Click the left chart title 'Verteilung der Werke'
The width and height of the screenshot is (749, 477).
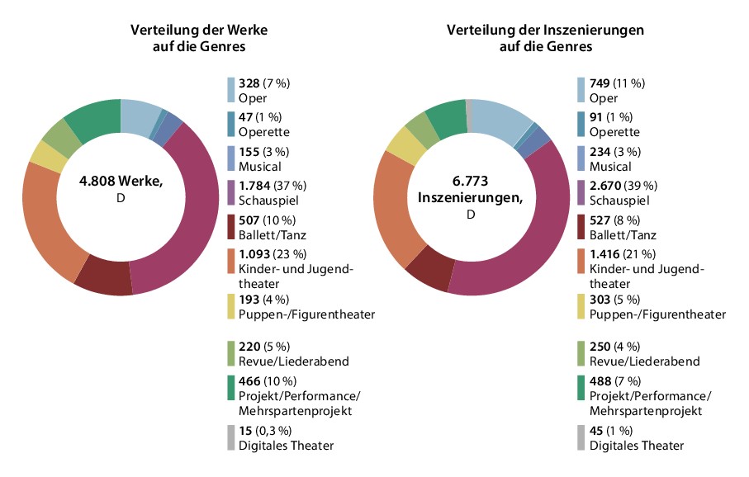[x=199, y=30]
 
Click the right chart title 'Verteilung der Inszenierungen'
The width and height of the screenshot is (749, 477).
[x=545, y=30]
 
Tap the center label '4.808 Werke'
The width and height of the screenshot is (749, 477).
[x=121, y=182]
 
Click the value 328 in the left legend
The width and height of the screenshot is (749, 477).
[x=249, y=83]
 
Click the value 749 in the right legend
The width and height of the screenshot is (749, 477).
[x=599, y=83]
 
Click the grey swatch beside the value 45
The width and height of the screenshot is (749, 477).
[x=581, y=437]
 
